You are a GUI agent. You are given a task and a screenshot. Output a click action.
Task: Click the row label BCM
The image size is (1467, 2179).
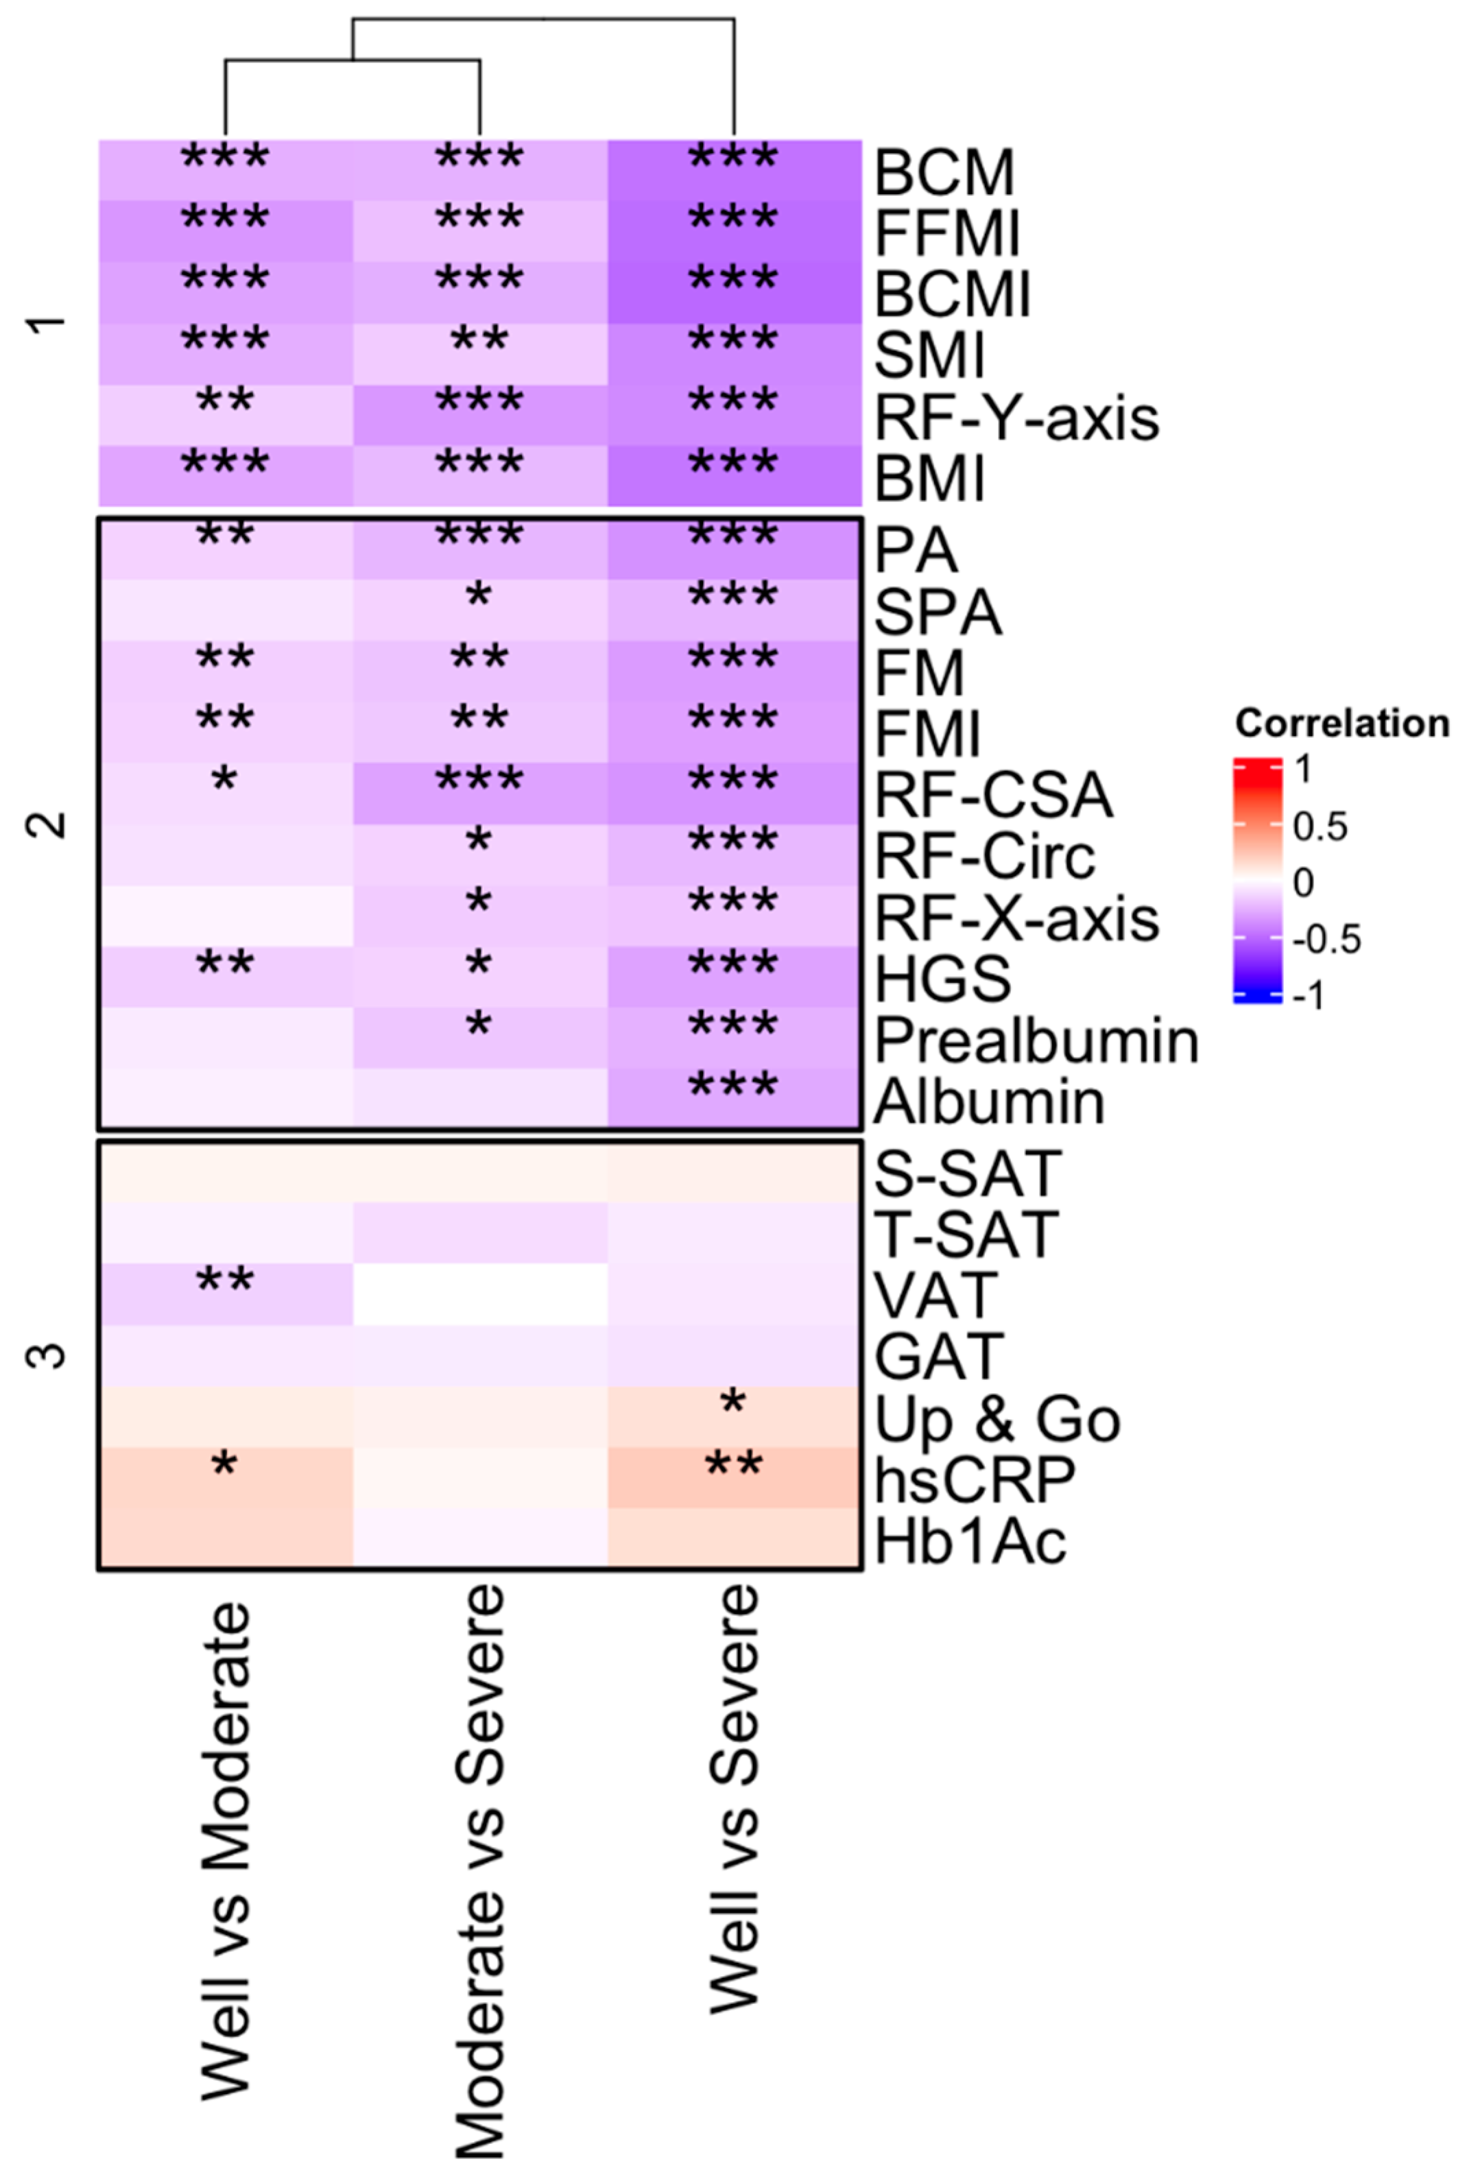point(943,172)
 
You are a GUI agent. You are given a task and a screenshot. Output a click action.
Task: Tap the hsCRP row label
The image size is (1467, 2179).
point(974,1479)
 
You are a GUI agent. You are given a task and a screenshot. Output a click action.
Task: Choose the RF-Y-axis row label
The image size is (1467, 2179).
point(1016,417)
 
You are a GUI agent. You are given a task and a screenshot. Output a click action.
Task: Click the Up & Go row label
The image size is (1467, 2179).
point(997,1418)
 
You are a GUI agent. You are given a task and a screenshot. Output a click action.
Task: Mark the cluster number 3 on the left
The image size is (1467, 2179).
point(49,1354)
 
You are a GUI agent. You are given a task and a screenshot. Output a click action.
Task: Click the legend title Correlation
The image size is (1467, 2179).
point(1341,723)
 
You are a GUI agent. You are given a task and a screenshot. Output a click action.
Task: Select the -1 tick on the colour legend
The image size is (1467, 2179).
point(1309,995)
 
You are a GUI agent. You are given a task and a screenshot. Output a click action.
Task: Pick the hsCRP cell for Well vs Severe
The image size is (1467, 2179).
point(735,1478)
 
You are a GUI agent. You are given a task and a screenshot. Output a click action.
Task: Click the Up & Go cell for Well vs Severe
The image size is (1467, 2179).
point(735,1416)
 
